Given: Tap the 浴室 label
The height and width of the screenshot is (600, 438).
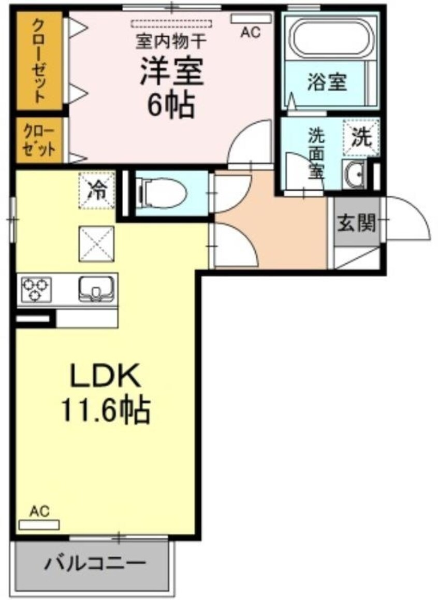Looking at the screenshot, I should tap(327, 82).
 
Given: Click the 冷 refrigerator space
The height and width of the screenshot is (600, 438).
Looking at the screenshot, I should tap(96, 190).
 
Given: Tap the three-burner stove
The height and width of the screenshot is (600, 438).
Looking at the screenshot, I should tap(35, 289).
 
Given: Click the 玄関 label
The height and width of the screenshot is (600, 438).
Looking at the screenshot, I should tap(356, 224).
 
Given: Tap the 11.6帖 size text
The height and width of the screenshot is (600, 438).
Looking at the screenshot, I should tap(106, 410).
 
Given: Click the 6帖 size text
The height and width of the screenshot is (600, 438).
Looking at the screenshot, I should tap(170, 106).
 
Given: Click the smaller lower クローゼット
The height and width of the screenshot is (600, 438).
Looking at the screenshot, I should tap(39, 139).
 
